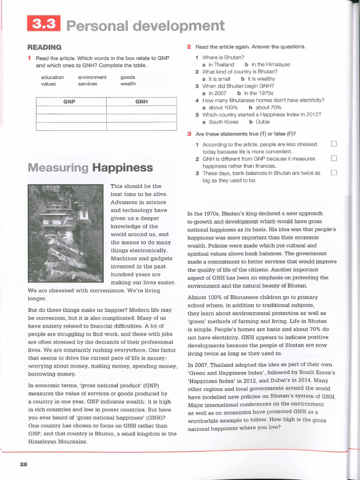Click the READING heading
coord(45,47)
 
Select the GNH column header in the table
coord(141,101)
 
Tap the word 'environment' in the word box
coord(92,77)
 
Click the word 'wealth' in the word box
coord(128,84)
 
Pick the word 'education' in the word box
coord(52,77)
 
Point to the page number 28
coord(24,464)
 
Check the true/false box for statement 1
coord(334,144)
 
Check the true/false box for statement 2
coord(334,158)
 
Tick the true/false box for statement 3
coord(334,173)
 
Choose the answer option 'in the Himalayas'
coord(270,65)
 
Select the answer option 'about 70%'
coord(269,107)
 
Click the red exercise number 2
coord(189,47)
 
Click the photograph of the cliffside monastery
coord(65,233)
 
